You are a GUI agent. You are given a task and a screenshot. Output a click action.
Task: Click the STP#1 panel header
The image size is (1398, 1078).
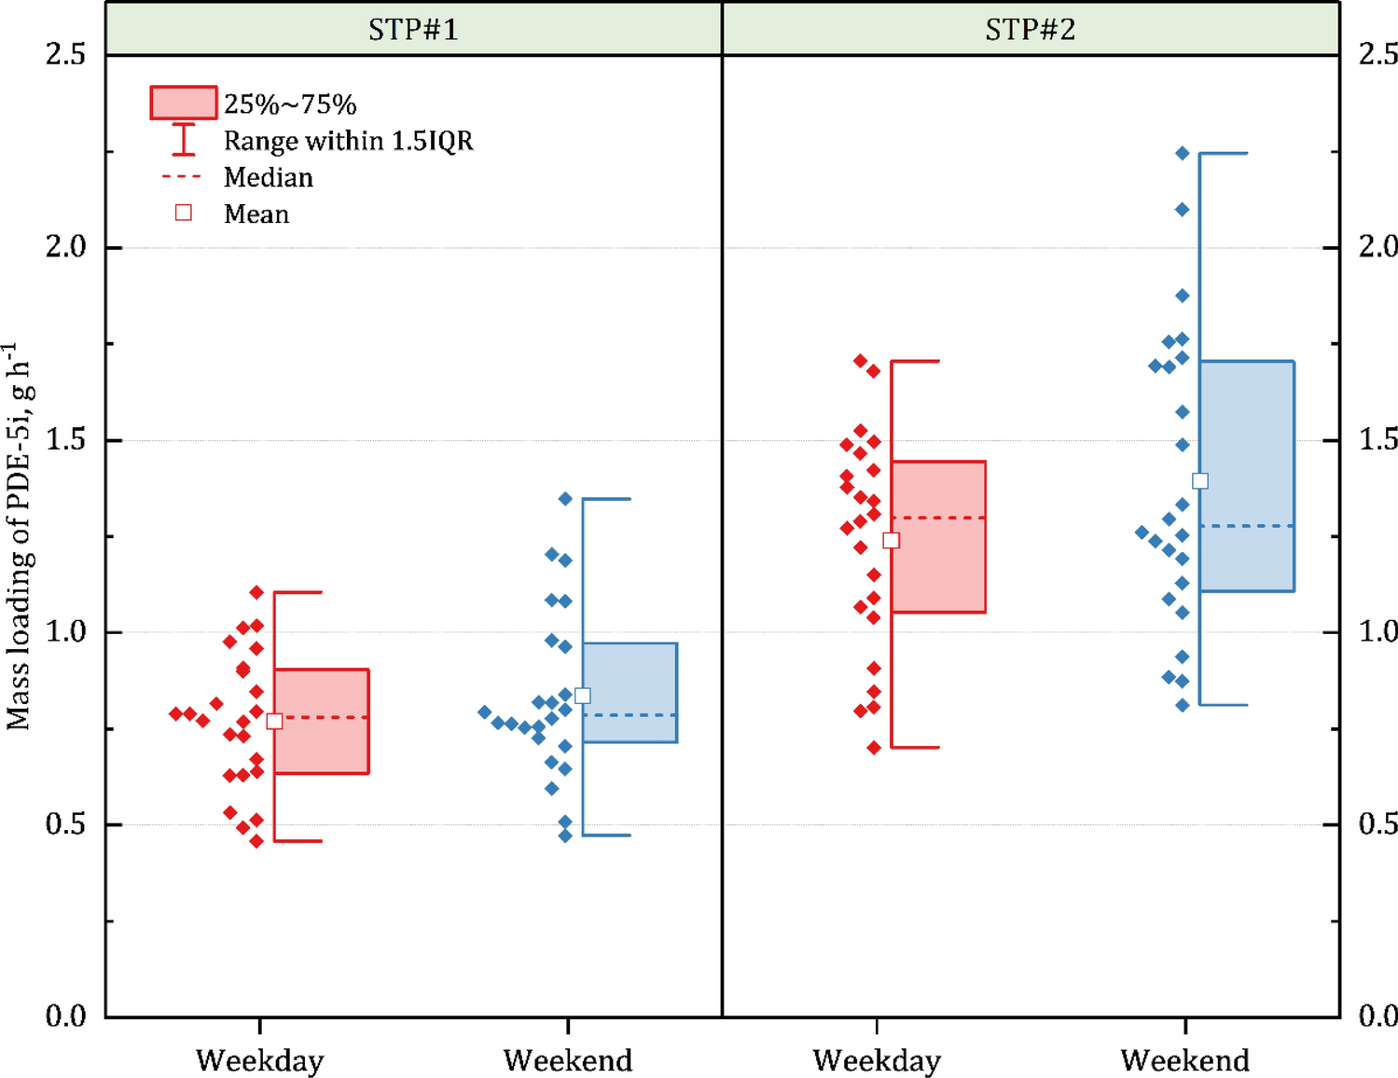pos(413,29)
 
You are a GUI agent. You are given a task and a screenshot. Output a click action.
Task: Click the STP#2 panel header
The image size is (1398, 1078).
pos(1030,29)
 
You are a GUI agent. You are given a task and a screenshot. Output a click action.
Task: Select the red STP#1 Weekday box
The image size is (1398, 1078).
pos(322,721)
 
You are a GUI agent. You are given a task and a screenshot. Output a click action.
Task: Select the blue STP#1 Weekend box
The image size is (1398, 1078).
pos(630,692)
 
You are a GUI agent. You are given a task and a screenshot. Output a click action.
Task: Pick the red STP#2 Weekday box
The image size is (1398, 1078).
pos(938,536)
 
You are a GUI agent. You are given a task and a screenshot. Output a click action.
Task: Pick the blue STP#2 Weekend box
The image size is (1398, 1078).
pos(1247,476)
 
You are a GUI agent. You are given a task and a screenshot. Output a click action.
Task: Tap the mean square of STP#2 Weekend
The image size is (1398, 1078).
pos(1200,481)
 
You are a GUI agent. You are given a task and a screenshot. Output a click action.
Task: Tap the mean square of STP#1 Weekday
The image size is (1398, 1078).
pos(274,721)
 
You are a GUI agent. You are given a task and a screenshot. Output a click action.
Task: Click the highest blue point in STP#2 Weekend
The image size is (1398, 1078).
pos(1183,153)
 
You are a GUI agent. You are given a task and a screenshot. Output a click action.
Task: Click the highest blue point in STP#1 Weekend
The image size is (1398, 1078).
pos(565,499)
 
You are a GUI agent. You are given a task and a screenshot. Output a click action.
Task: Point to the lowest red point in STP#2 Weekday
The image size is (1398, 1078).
pos(874,747)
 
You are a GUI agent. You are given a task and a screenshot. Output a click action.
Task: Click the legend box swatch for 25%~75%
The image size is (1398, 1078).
pos(183,103)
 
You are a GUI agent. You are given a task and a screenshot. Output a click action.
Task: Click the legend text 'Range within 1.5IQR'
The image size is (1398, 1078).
pos(348,141)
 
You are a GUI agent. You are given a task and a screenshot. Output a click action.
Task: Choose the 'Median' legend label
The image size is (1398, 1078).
pos(268,177)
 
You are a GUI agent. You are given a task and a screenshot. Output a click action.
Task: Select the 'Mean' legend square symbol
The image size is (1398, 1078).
pos(184,213)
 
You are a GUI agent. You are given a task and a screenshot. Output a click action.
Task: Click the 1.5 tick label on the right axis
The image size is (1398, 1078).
pos(1377,439)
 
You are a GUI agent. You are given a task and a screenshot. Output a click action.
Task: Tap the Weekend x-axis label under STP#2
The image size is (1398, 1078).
pos(1184,1060)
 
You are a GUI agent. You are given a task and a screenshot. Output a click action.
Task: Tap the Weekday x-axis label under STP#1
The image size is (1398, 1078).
pos(259,1060)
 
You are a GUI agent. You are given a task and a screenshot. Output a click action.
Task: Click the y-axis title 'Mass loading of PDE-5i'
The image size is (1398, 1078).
pos(21,536)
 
